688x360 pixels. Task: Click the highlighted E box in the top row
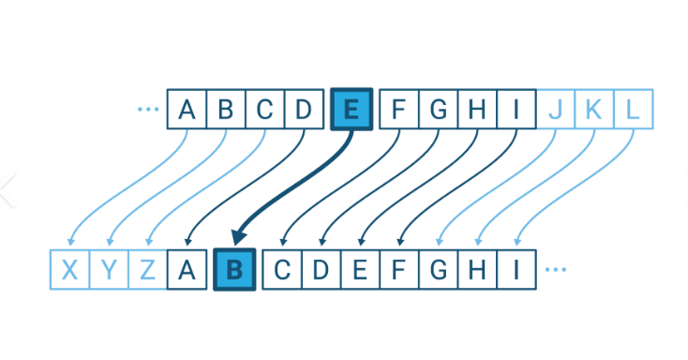pos(351,110)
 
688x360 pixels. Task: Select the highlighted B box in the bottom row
pos(234,270)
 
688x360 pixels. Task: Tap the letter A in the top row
pos(187,110)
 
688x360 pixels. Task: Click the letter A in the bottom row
pos(187,270)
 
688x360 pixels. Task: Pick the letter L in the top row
pos(633,110)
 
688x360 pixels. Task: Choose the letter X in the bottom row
pos(69,270)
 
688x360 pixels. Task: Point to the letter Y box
pos(109,270)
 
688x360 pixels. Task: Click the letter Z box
pos(148,270)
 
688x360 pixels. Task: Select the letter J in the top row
pos(555,110)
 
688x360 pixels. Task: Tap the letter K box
pos(594,110)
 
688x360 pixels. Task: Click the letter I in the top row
pos(516,110)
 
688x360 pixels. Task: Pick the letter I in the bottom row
pos(516,270)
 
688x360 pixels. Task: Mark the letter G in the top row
pos(438,110)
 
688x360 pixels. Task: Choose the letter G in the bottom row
pos(438,270)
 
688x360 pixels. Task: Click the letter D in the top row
pos(303,110)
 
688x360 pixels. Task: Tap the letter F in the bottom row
pos(398,270)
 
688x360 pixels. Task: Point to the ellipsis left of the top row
pos(148,110)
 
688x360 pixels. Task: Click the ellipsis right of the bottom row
pos(555,270)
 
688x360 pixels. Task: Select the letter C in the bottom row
pos(281,270)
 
